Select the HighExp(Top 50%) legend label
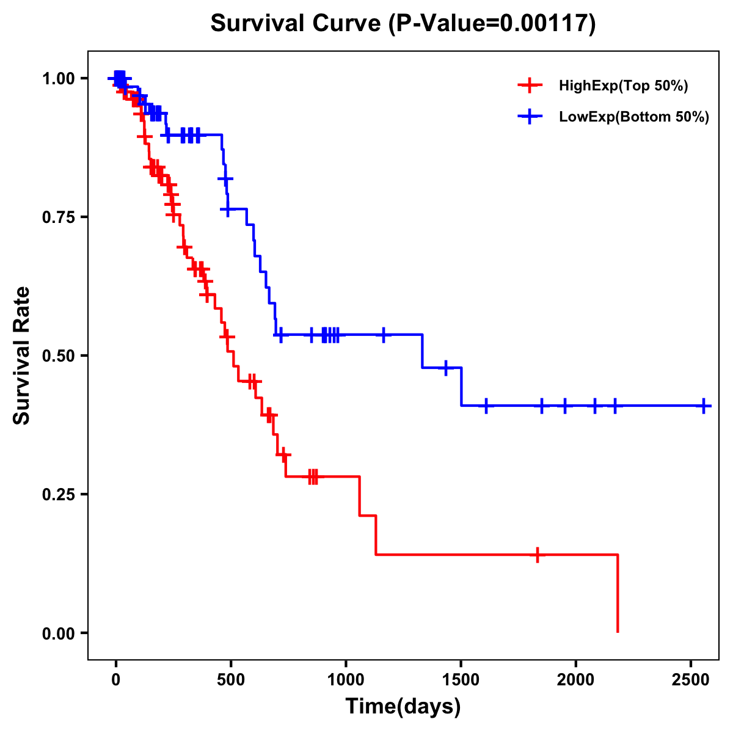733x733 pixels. point(623,86)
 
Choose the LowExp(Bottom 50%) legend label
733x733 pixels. point(634,117)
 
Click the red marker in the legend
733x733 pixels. point(530,86)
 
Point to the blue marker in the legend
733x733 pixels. point(530,117)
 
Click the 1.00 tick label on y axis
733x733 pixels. point(59,79)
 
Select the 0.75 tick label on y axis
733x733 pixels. point(59,217)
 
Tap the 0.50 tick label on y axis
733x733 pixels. point(59,356)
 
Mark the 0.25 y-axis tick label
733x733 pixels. point(59,495)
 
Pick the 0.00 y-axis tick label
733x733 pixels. point(59,633)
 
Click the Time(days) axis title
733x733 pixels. point(403,707)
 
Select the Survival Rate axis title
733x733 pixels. point(22,356)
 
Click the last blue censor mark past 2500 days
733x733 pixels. point(704,406)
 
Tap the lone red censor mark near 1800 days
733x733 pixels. point(538,555)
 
